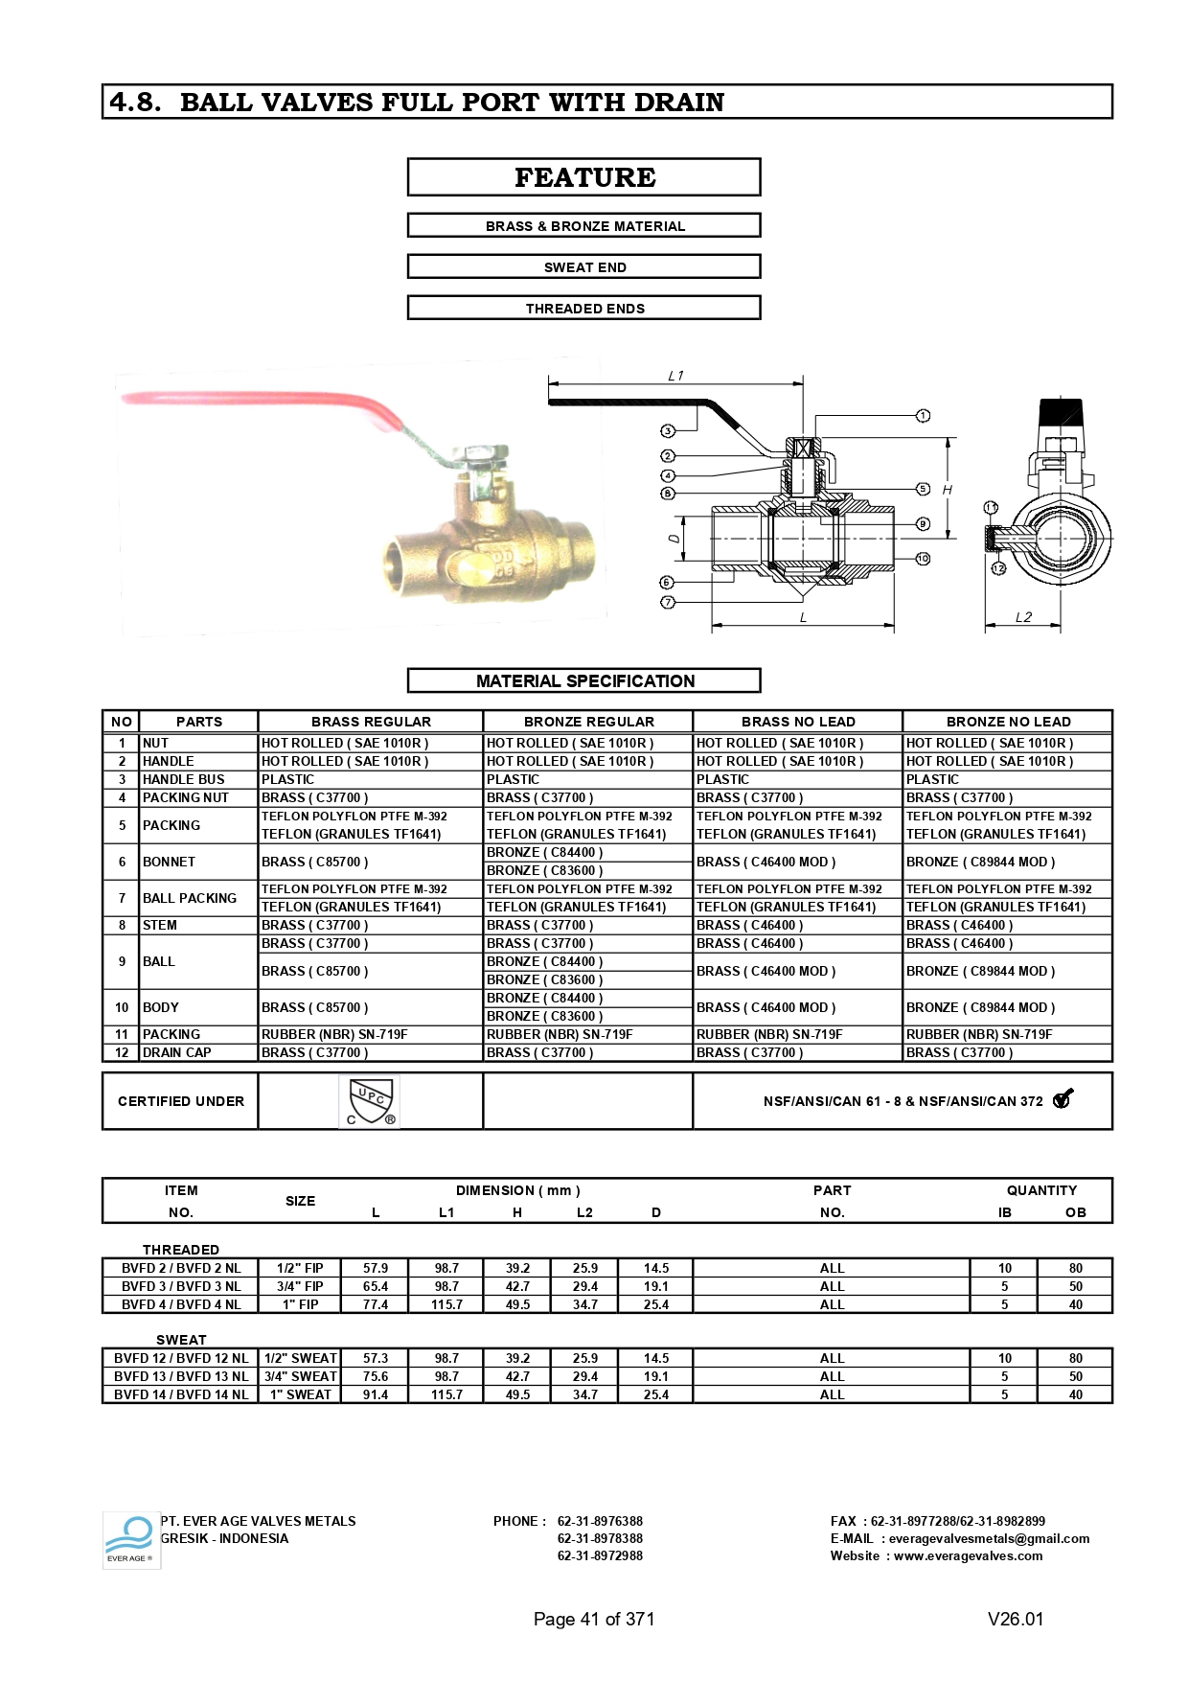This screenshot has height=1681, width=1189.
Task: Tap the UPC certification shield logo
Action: (371, 1101)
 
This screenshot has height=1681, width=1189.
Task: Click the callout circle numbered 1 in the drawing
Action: (923, 416)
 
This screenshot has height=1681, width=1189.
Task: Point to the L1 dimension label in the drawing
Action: (675, 376)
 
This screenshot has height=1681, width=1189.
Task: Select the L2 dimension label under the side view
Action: (1023, 617)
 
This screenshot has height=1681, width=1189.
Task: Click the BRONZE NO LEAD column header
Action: (1008, 722)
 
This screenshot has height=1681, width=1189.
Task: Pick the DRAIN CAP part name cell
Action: (177, 1052)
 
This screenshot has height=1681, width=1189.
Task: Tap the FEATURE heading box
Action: (584, 177)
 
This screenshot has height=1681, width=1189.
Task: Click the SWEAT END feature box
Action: (584, 267)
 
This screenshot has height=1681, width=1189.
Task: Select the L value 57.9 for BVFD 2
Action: (376, 1268)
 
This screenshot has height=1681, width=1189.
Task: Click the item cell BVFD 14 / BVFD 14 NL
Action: (180, 1394)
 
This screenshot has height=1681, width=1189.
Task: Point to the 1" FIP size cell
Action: (300, 1304)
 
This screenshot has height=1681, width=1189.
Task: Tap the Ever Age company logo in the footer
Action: (130, 1539)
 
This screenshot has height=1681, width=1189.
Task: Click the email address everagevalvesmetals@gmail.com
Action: (989, 1538)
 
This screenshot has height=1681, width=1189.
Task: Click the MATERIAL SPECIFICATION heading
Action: (584, 680)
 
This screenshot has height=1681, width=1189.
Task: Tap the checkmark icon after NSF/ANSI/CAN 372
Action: (1063, 1099)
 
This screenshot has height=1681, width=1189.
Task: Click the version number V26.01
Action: (1015, 1619)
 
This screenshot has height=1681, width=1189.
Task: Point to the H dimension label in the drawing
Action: (947, 490)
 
